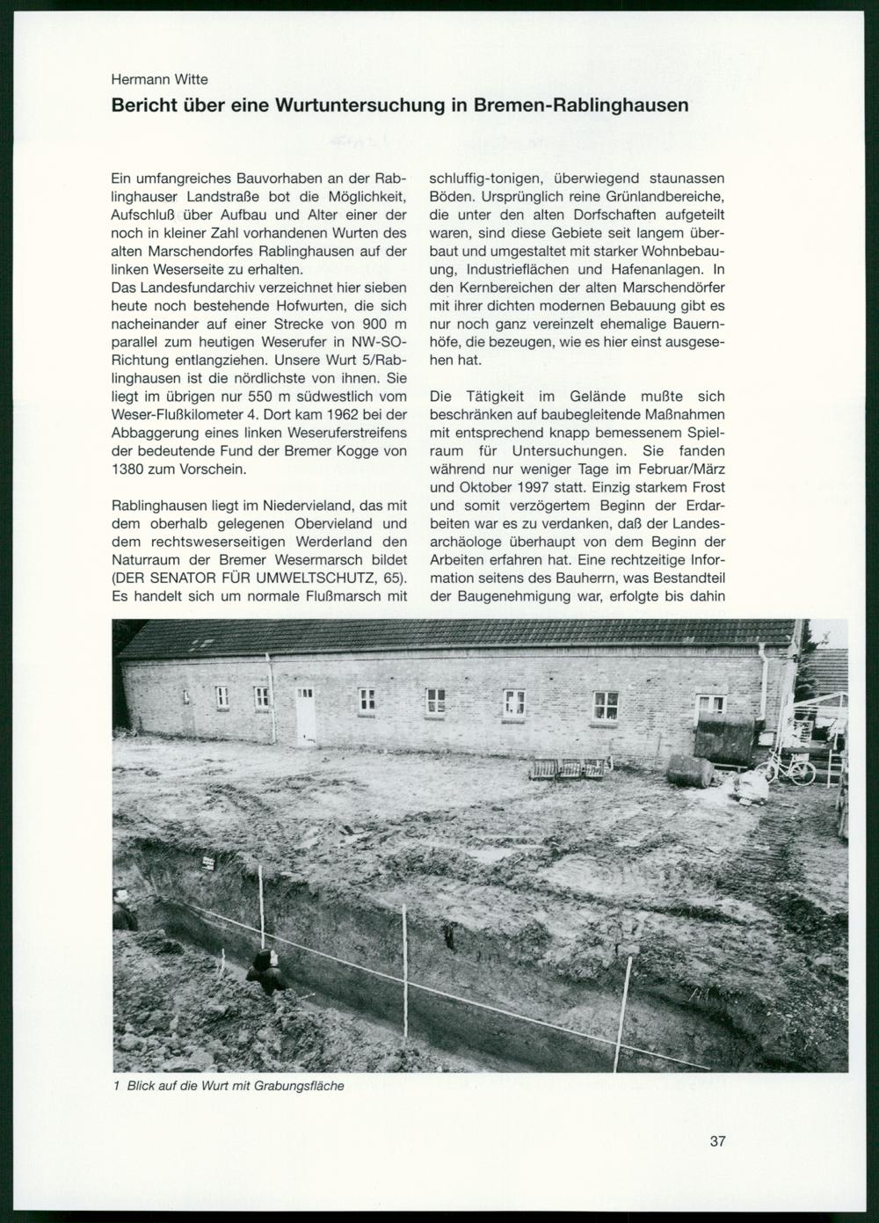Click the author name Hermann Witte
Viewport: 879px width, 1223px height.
[x=160, y=79]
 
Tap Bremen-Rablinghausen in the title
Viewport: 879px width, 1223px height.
[x=581, y=106]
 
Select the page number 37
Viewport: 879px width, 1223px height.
[x=717, y=1142]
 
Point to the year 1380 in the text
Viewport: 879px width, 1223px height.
[x=129, y=469]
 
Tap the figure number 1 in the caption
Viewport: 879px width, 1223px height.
[x=117, y=1086]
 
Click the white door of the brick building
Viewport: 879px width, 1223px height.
[x=306, y=715]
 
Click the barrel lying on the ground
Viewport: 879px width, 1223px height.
[x=690, y=771]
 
